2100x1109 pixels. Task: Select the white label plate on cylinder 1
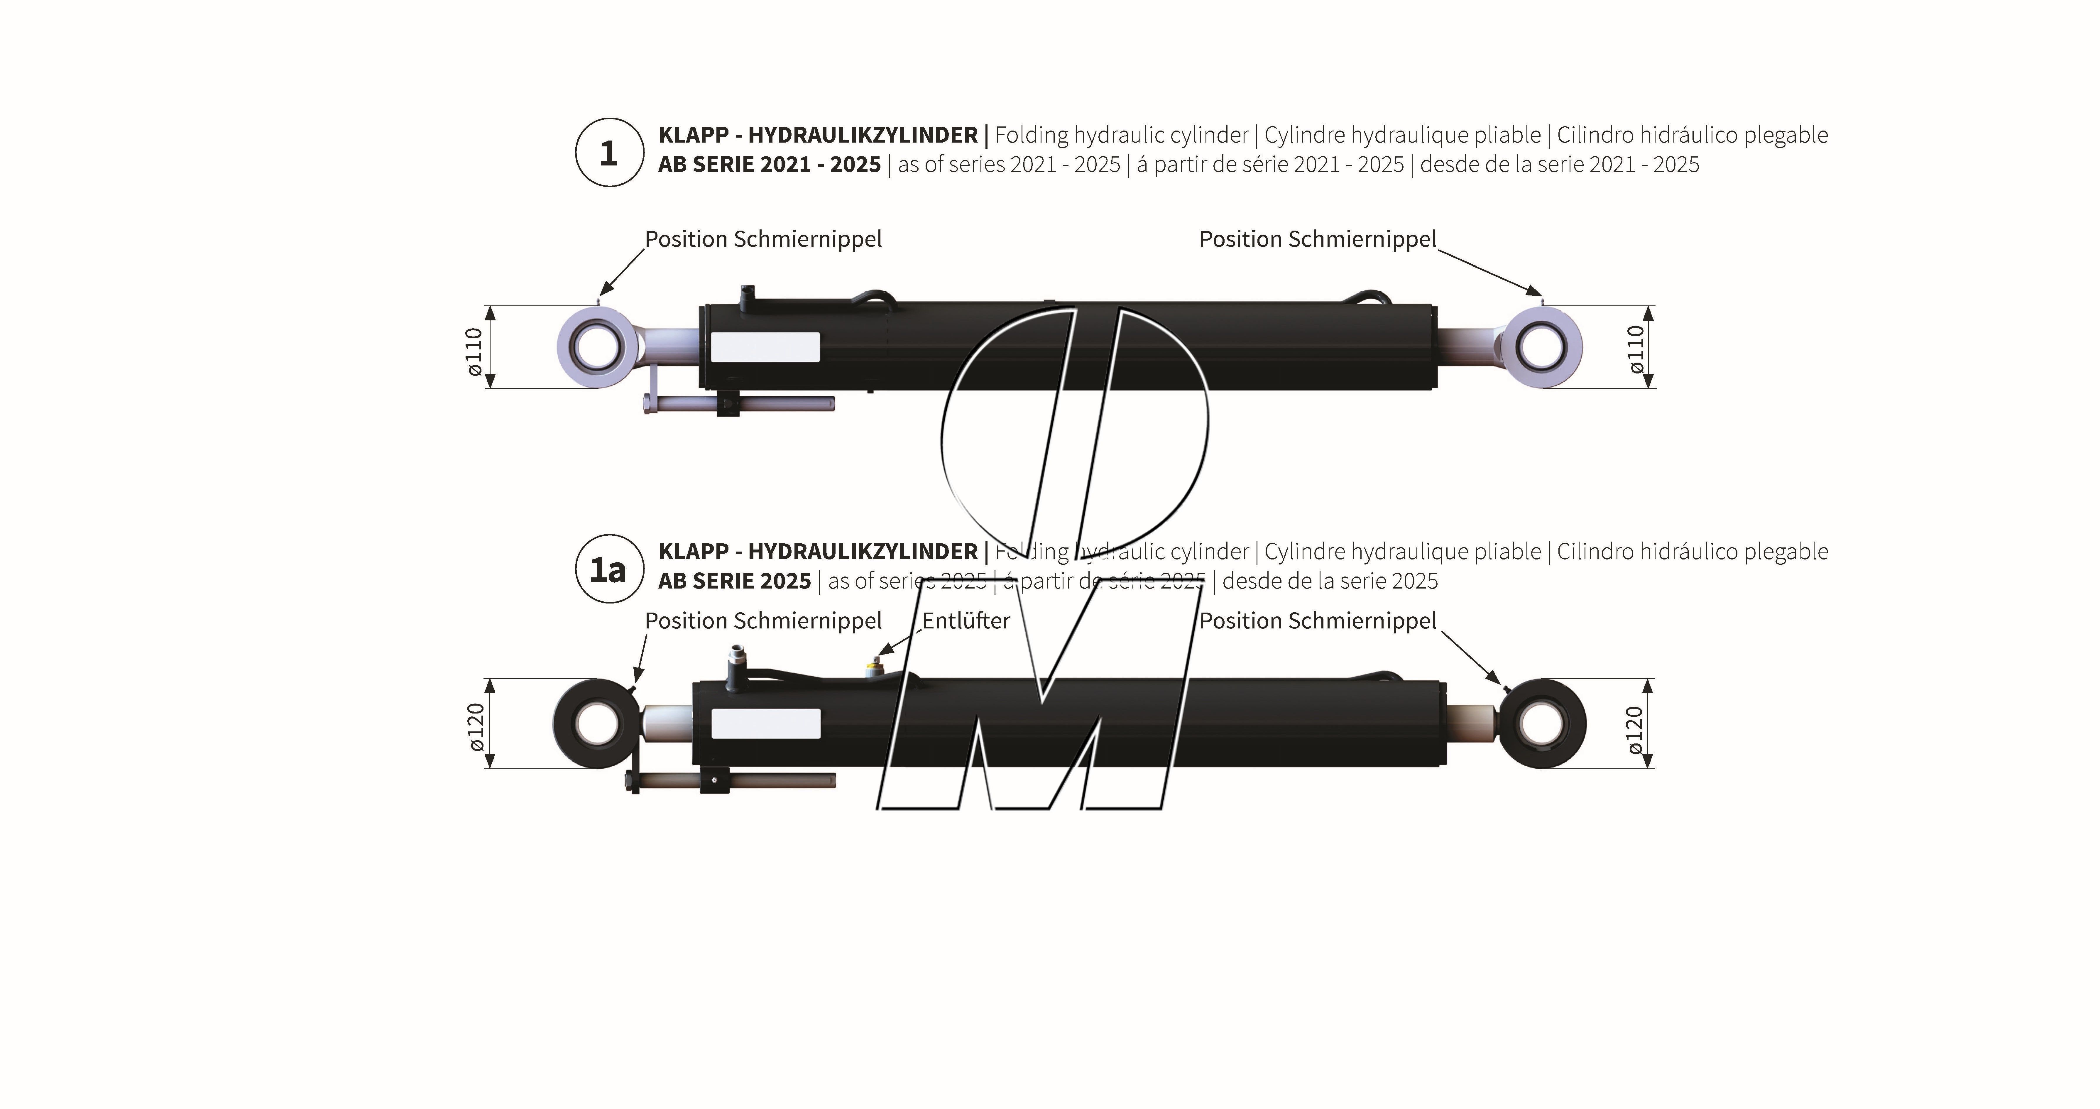point(765,347)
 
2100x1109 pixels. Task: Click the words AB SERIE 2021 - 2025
point(770,165)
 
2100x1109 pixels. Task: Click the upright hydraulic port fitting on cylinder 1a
point(736,665)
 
